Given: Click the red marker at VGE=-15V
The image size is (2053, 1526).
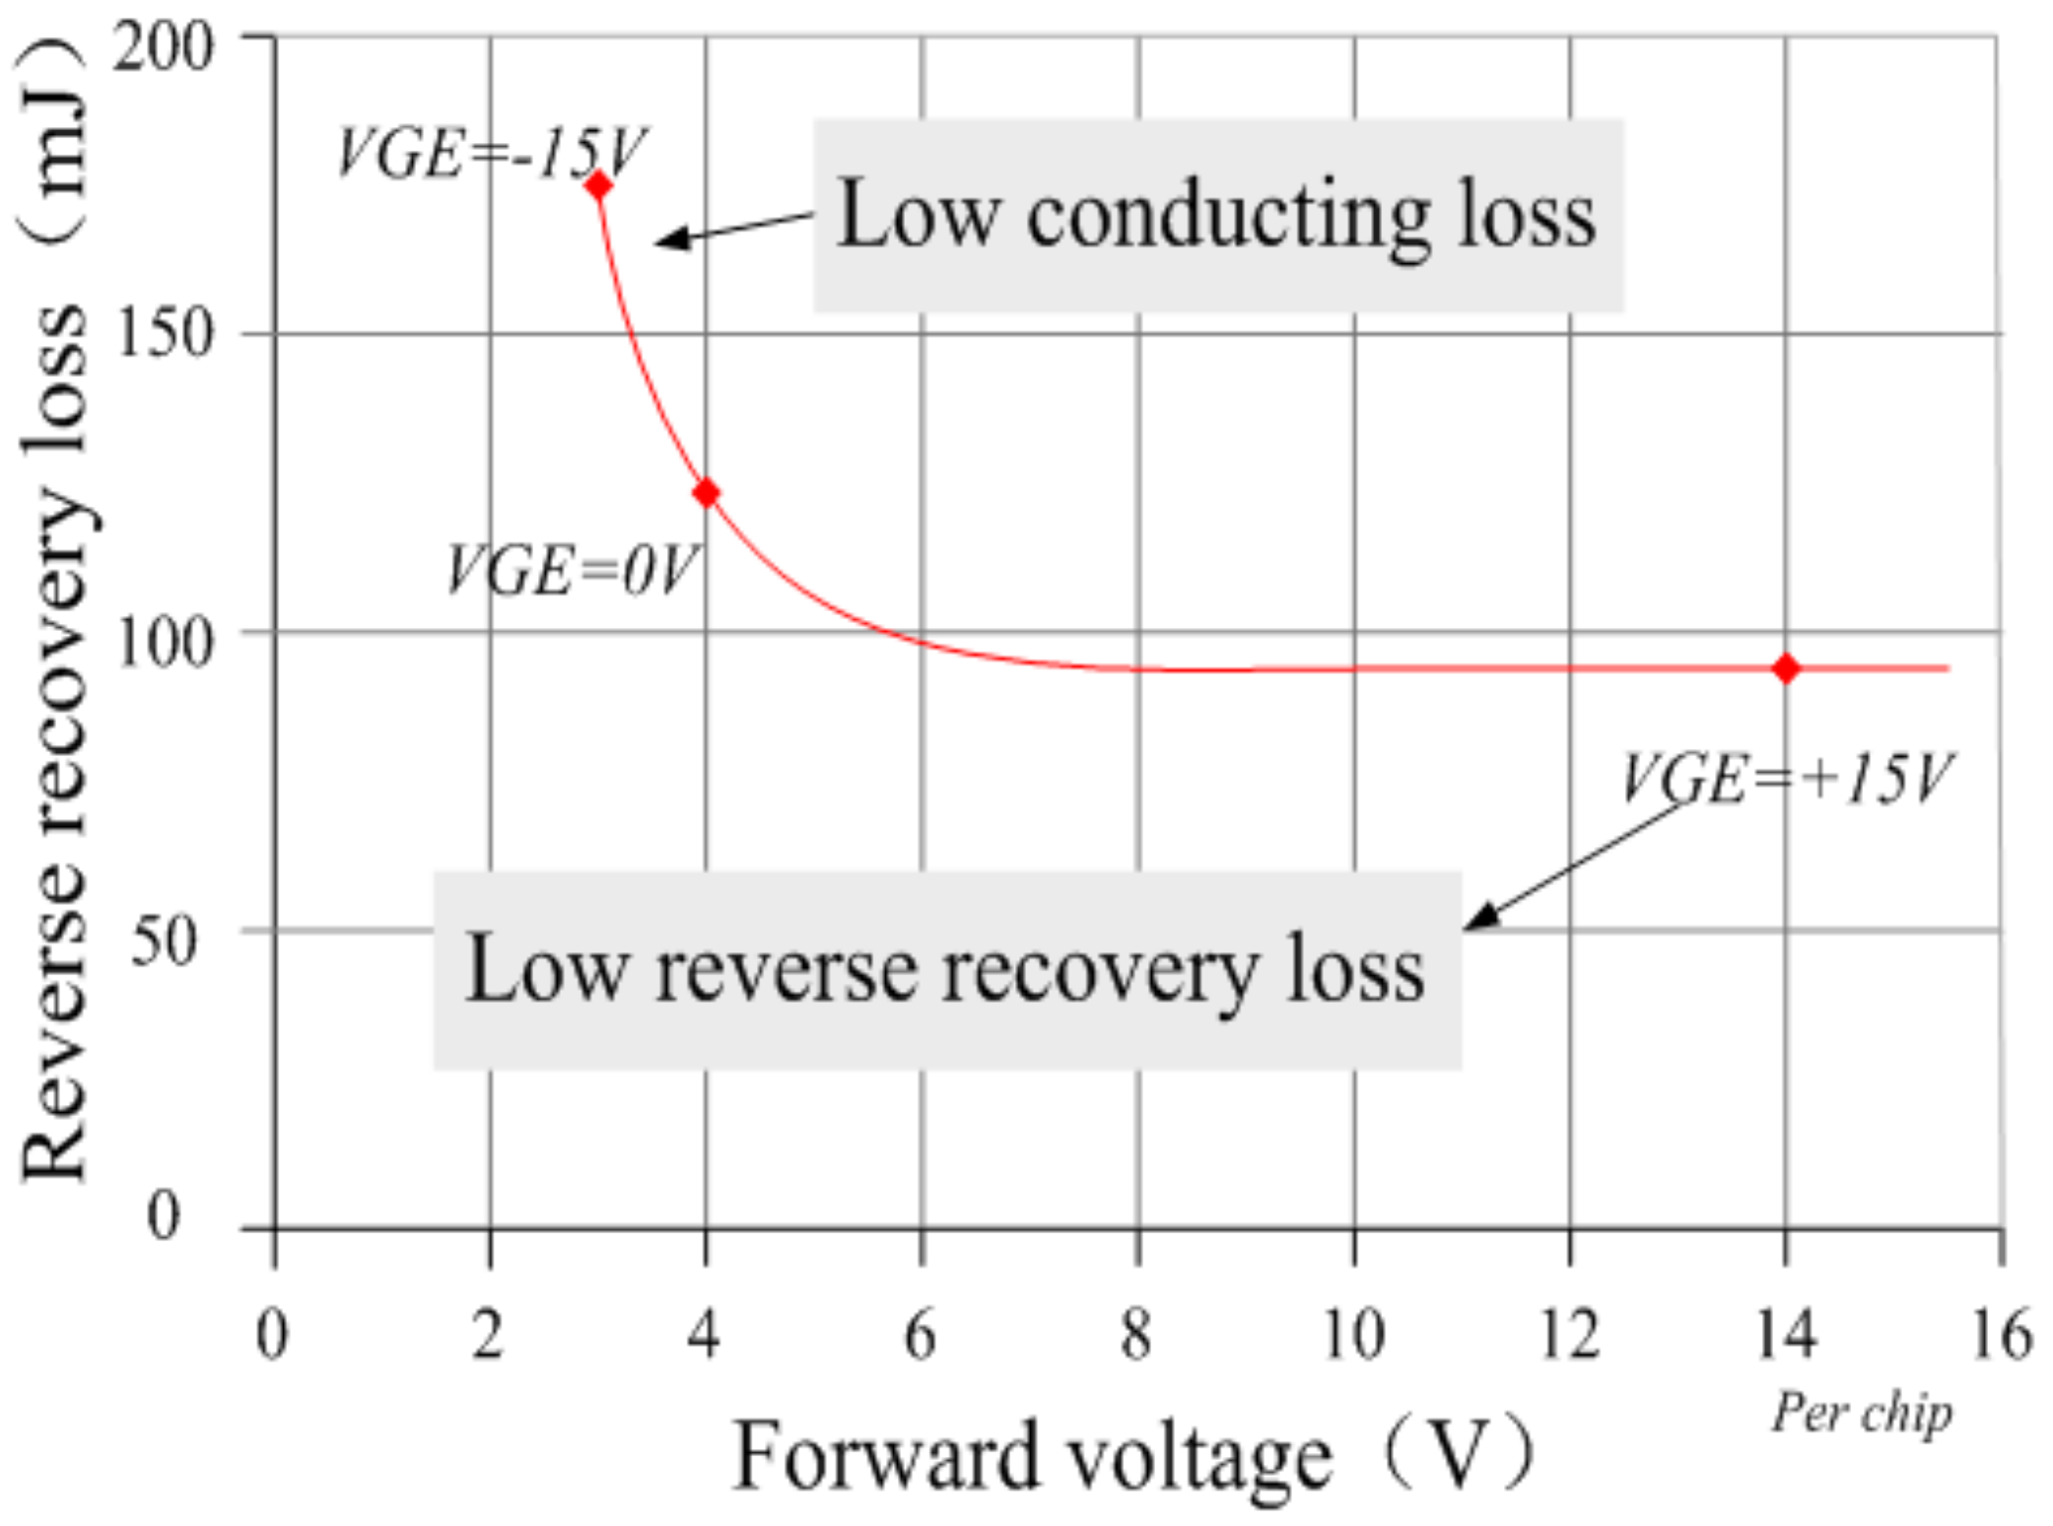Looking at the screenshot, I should pyautogui.click(x=598, y=185).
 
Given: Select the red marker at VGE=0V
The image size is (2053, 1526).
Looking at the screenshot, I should pyautogui.click(x=706, y=493).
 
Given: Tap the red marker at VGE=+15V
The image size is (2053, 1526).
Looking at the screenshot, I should pyautogui.click(x=1786, y=668).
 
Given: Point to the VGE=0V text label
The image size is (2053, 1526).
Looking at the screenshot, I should pyautogui.click(x=572, y=570).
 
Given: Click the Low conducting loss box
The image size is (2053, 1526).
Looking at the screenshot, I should pyautogui.click(x=1217, y=215).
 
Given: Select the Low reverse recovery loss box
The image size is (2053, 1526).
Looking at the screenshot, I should pyautogui.click(x=946, y=970).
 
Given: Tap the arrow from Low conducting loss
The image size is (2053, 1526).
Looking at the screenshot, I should pyautogui.click(x=733, y=229).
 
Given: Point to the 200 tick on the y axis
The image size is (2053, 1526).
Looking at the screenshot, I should pyautogui.click(x=163, y=45).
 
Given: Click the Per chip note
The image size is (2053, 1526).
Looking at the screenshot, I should pyautogui.click(x=1861, y=1413).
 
